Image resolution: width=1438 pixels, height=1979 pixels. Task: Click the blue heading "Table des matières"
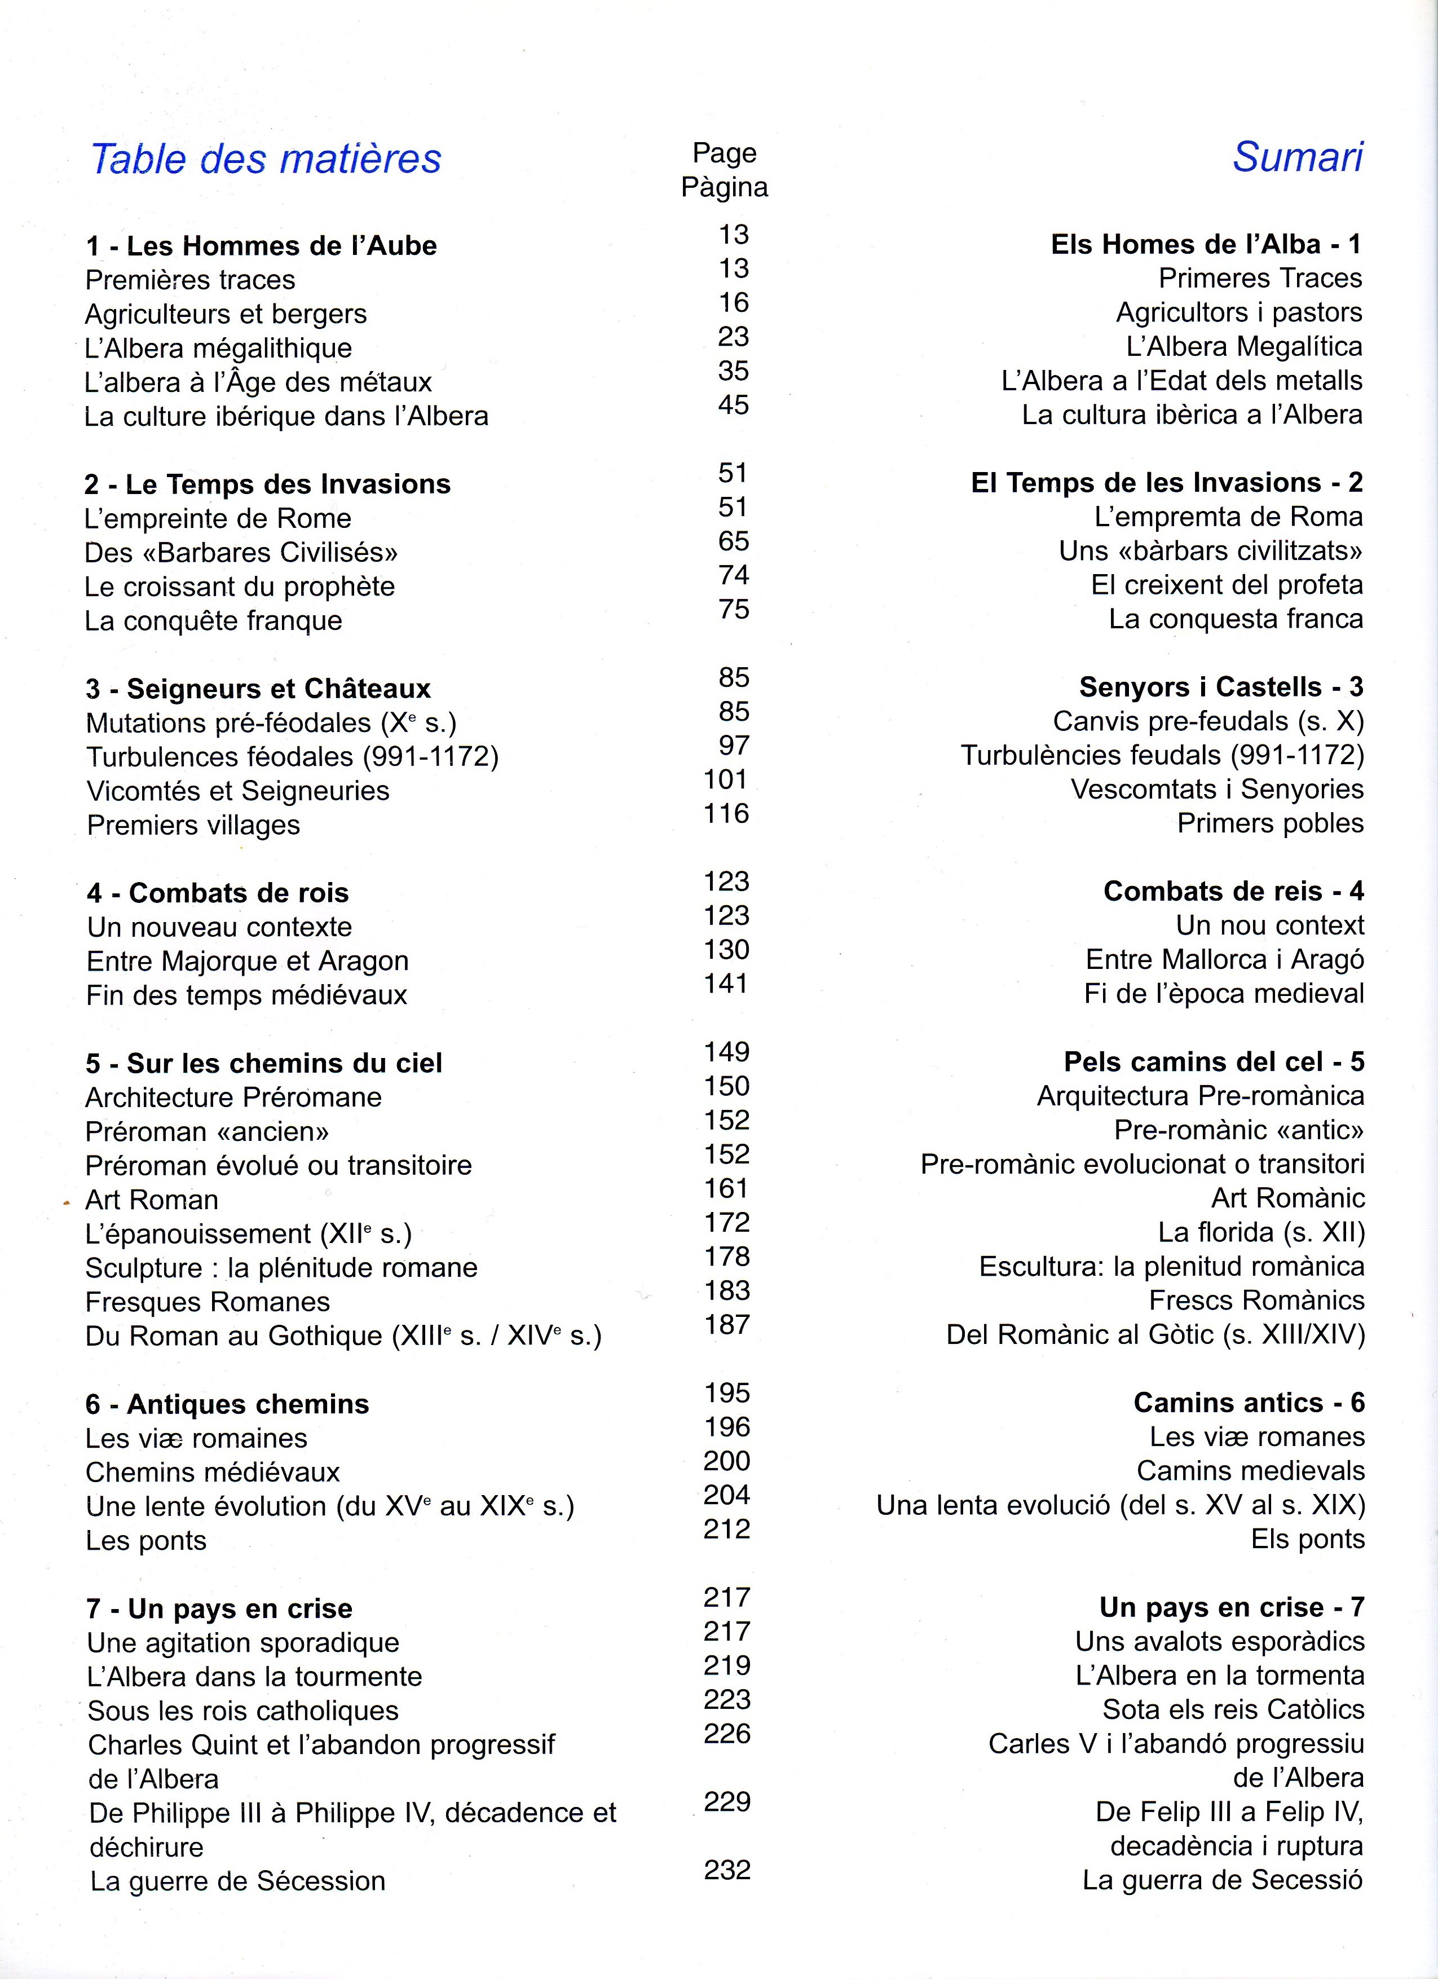point(266,159)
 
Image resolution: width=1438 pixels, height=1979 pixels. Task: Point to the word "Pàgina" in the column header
point(724,188)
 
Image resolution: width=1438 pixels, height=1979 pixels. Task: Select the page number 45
point(733,405)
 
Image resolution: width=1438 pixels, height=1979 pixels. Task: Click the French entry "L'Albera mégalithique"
point(218,348)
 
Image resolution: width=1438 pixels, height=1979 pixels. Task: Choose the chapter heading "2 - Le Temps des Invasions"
point(267,484)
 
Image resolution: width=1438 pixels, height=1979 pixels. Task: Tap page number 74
point(733,575)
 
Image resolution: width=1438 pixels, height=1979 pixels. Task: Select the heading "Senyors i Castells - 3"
point(1221,687)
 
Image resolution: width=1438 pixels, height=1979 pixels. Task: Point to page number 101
point(726,779)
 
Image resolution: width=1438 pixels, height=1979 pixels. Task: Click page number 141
point(726,984)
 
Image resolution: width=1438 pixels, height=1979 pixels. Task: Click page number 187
point(727,1325)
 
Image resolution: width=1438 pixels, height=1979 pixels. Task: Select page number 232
point(727,1870)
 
